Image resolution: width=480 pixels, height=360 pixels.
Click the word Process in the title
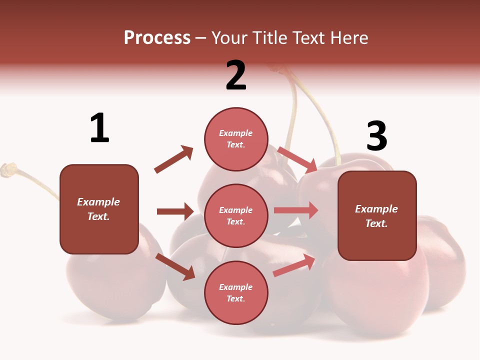(x=157, y=37)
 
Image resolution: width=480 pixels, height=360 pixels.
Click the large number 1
(x=99, y=128)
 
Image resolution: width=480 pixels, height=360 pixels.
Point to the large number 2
(x=236, y=75)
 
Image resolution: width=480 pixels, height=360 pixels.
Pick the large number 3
(x=376, y=136)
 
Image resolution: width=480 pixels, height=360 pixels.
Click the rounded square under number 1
(x=99, y=209)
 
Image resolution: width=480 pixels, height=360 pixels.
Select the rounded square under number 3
(x=377, y=215)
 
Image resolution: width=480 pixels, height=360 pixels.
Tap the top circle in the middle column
(x=236, y=139)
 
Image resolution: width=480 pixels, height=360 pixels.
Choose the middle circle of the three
(x=236, y=215)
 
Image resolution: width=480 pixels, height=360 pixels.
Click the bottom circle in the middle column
(x=236, y=292)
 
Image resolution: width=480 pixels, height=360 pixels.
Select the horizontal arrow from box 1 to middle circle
(x=175, y=211)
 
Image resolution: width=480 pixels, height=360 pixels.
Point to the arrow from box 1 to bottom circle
(x=175, y=266)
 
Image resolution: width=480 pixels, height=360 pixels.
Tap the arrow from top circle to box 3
(x=297, y=159)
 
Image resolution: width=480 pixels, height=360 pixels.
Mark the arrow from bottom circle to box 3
(x=294, y=265)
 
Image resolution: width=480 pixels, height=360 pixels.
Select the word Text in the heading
(x=309, y=37)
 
